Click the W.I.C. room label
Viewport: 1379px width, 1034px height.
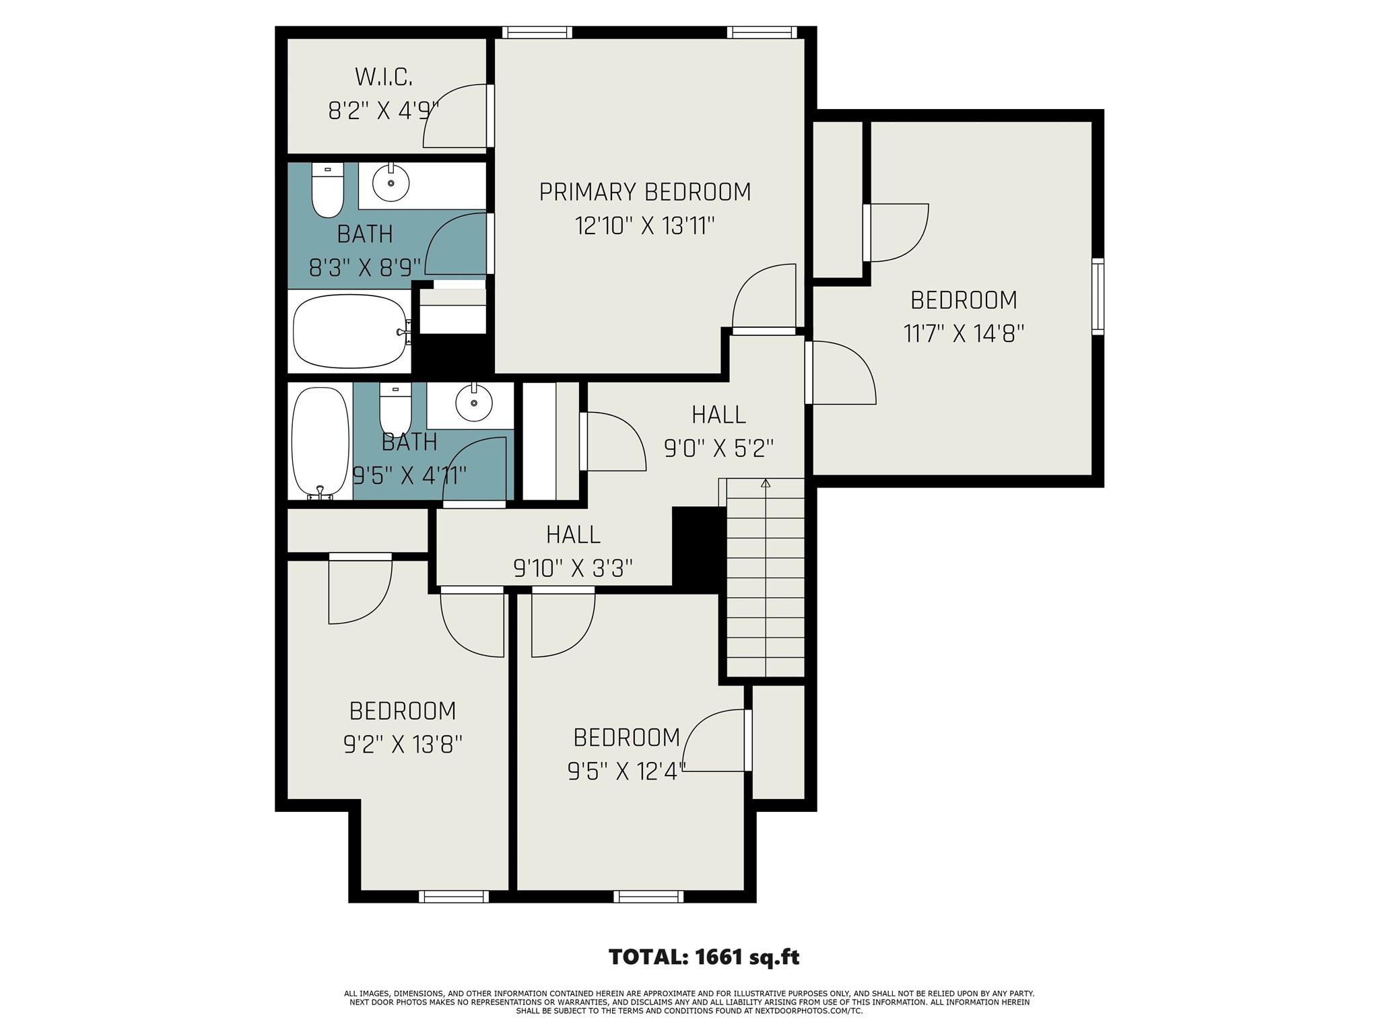(383, 77)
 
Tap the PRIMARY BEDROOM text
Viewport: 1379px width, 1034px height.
(644, 193)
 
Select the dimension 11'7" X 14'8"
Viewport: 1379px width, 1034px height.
(963, 334)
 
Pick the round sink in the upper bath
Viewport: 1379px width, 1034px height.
(391, 183)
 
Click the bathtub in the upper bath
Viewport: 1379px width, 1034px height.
(350, 331)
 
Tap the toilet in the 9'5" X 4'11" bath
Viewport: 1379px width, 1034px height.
(395, 407)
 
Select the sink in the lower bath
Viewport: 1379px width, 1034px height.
(474, 403)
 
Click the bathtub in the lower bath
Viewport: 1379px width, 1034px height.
(321, 442)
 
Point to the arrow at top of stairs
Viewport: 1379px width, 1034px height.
(765, 483)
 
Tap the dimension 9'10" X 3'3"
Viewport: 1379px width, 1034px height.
(573, 569)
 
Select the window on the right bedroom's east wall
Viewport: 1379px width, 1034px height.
(1098, 296)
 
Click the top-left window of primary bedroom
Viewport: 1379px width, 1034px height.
(537, 32)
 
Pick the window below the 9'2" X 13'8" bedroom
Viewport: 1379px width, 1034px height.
(453, 896)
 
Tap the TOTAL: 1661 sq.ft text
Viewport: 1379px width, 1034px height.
(704, 957)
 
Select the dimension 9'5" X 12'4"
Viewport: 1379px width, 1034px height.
(626, 771)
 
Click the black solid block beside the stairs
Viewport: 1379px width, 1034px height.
(698, 549)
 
